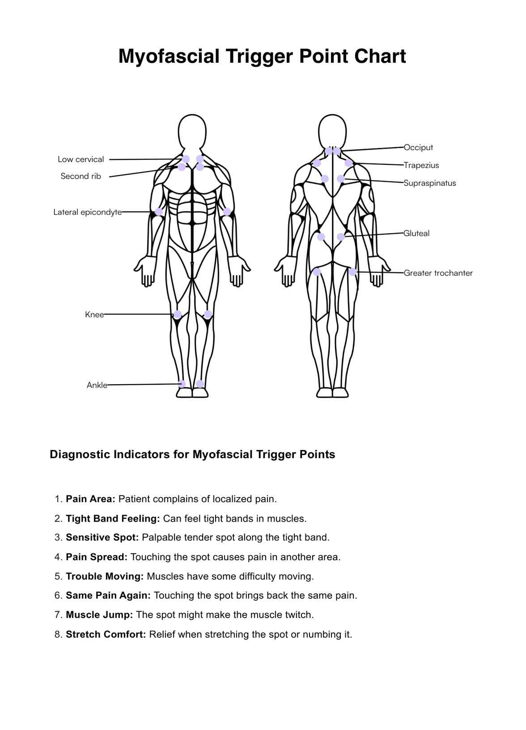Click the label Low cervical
81,159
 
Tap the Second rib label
81,176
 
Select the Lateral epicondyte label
87,212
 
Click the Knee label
94,315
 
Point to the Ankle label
97,385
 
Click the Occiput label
418,147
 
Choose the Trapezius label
421,165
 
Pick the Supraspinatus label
429,183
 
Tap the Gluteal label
416,233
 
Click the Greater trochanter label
438,273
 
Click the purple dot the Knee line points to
178,314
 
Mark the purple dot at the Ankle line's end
182,384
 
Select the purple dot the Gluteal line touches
341,237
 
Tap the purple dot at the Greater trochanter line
352,272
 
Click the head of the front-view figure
192,131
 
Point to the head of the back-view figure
332,130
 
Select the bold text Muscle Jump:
99,615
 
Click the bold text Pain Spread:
97,557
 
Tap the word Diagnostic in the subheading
79,455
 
